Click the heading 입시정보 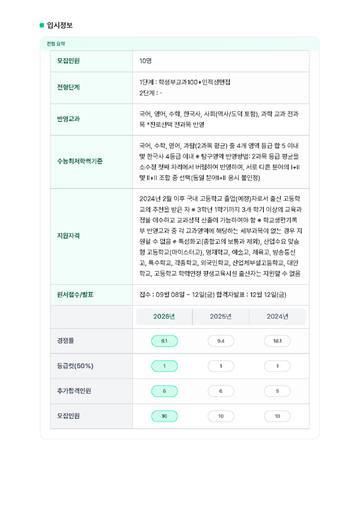click(60, 25)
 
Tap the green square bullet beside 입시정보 click(42, 25)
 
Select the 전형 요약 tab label click(56, 44)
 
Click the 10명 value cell click(146, 61)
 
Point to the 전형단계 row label click(68, 87)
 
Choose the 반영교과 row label click(68, 119)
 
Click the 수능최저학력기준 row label click(80, 161)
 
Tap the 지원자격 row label click(68, 236)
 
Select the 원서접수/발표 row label click(75, 295)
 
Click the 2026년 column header click(164, 316)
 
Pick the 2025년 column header click(221, 316)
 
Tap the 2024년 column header click(277, 316)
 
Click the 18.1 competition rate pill click(277, 341)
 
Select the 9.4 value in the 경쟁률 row click(221, 341)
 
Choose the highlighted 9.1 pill click(164, 341)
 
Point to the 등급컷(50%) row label click(75, 366)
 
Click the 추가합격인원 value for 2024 click(277, 391)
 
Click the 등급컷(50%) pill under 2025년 click(221, 366)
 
